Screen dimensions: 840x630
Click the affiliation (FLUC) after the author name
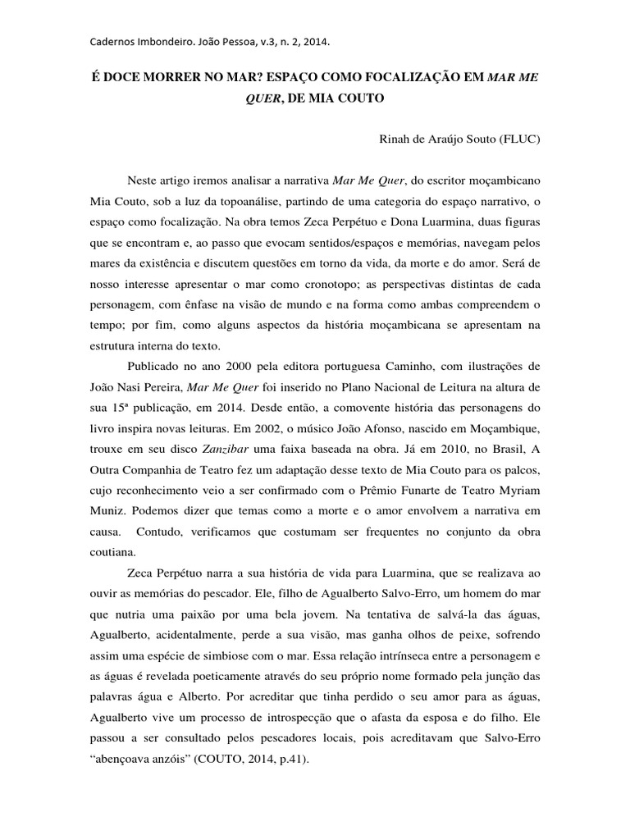coord(519,139)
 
